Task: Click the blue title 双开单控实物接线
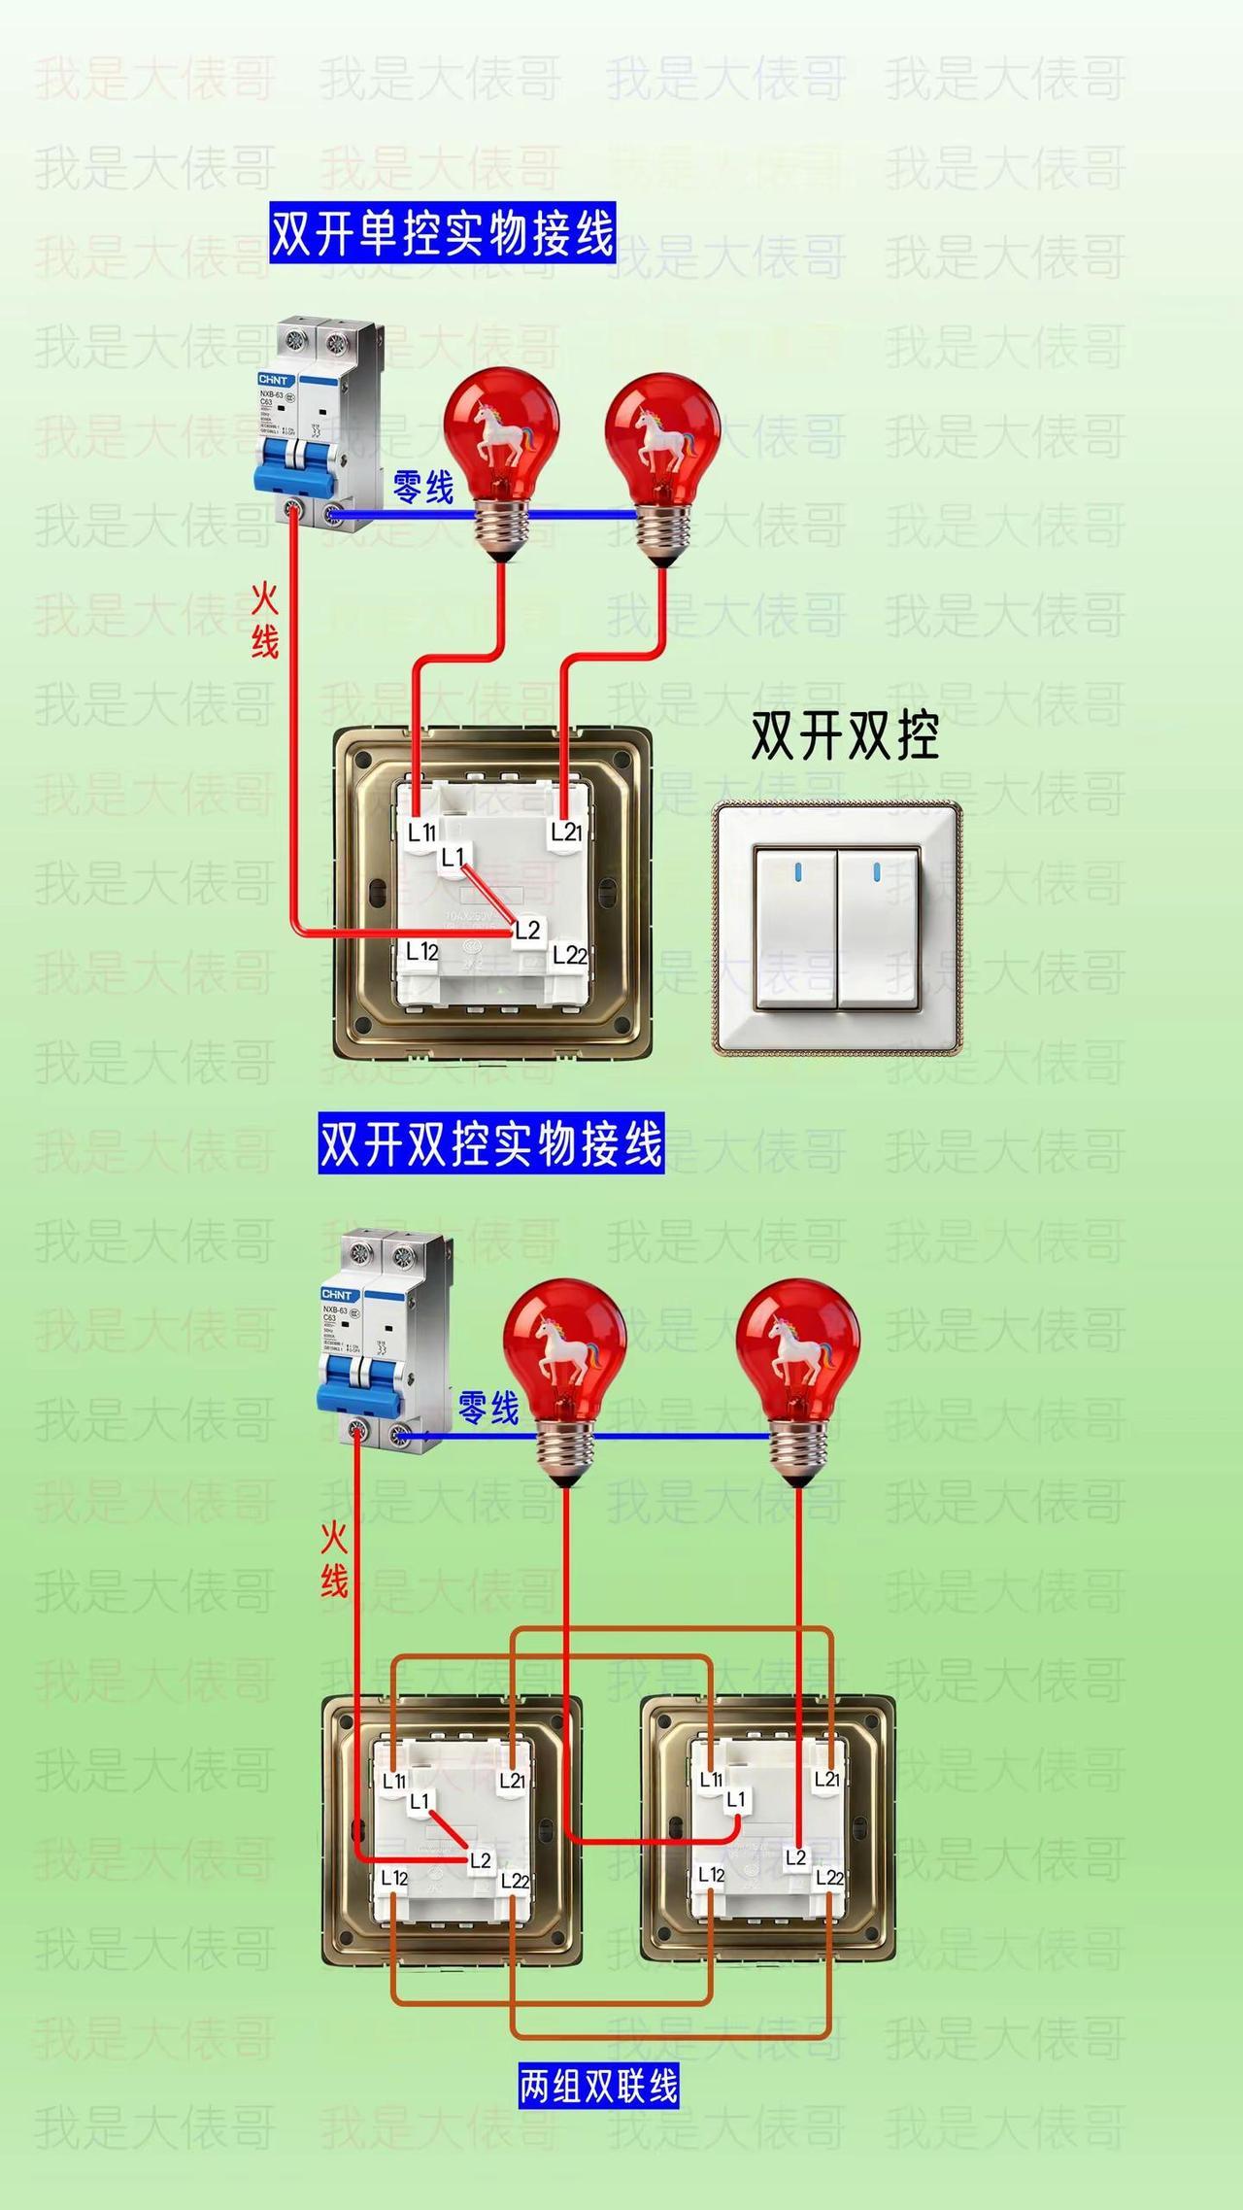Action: (x=442, y=233)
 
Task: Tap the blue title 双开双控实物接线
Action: (x=490, y=1143)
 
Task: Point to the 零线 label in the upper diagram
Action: (x=423, y=486)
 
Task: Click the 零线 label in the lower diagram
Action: (x=488, y=1407)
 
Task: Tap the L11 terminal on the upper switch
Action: (x=421, y=832)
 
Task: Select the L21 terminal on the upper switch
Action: (x=566, y=832)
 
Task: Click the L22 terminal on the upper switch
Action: (x=569, y=956)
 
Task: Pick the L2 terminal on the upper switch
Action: (x=527, y=930)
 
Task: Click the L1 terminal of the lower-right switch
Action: (x=736, y=1799)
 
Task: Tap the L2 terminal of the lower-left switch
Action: (x=481, y=1860)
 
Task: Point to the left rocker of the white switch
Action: (x=795, y=929)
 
